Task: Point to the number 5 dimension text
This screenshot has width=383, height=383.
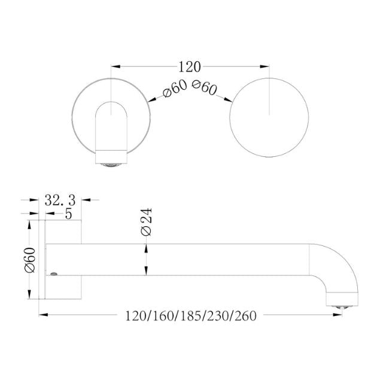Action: click(69, 212)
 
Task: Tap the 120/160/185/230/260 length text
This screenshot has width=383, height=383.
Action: click(190, 315)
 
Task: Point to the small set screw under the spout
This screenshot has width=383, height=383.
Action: click(55, 274)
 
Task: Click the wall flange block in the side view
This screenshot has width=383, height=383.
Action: click(63, 259)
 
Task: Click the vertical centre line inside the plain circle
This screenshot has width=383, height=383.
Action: click(270, 96)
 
